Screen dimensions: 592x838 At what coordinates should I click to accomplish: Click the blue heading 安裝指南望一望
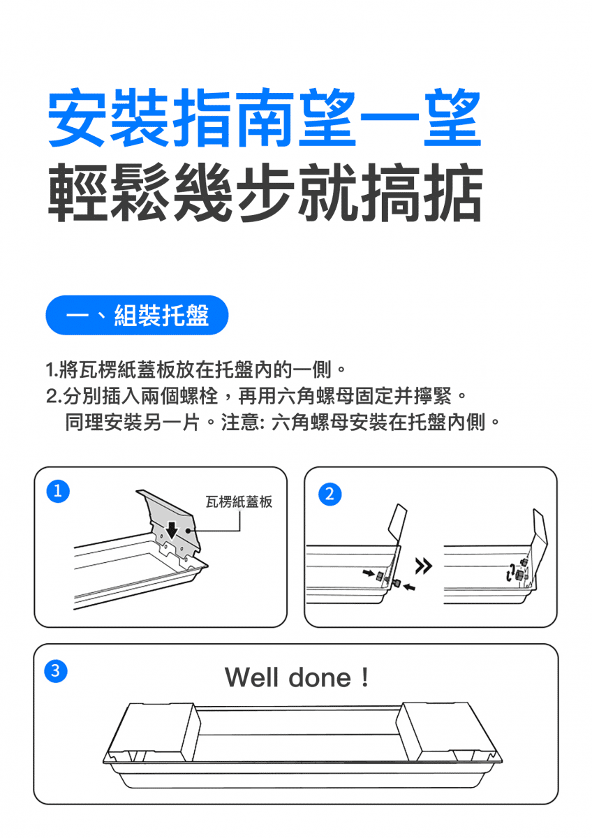pyautogui.click(x=265, y=117)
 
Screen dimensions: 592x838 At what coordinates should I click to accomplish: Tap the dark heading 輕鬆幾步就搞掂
pyautogui.click(x=265, y=192)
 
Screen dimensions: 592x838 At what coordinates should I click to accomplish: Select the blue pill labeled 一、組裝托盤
pyautogui.click(x=137, y=315)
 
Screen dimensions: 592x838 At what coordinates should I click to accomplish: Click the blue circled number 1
pyautogui.click(x=58, y=491)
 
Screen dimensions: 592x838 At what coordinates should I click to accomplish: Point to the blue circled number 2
pyautogui.click(x=330, y=494)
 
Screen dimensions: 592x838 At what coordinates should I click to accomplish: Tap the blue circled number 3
pyautogui.click(x=56, y=671)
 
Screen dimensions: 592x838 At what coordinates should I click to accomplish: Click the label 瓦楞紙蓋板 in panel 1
pyautogui.click(x=239, y=501)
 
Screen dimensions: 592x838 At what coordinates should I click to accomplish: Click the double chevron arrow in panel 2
pyautogui.click(x=424, y=566)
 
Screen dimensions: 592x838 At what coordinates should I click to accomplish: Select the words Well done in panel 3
pyautogui.click(x=288, y=677)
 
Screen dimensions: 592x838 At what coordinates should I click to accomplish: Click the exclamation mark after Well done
pyautogui.click(x=365, y=677)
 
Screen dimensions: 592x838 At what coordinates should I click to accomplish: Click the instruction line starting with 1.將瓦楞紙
pyautogui.click(x=195, y=369)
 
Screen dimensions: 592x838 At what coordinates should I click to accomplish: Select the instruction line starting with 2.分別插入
pyautogui.click(x=256, y=396)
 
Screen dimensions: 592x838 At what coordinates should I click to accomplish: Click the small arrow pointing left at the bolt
pyautogui.click(x=409, y=588)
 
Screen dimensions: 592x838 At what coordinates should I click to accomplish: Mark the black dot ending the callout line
pyautogui.click(x=188, y=531)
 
